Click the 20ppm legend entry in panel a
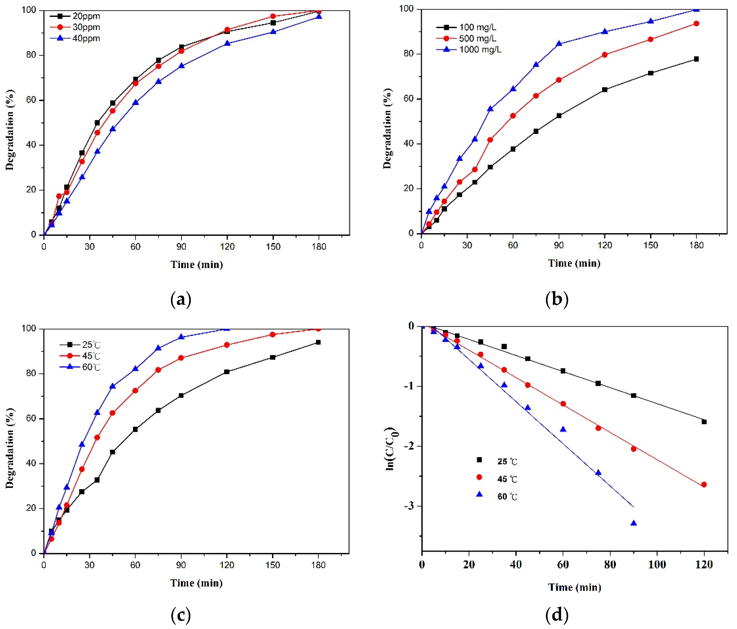(x=86, y=16)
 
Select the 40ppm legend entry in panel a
(x=86, y=38)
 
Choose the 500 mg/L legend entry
(x=477, y=38)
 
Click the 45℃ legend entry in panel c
(x=91, y=356)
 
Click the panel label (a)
(x=181, y=299)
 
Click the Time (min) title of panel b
(x=574, y=263)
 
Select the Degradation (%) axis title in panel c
(x=10, y=448)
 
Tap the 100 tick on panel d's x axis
(x=657, y=564)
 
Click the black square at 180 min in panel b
(x=696, y=59)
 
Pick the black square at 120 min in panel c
(x=227, y=372)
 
